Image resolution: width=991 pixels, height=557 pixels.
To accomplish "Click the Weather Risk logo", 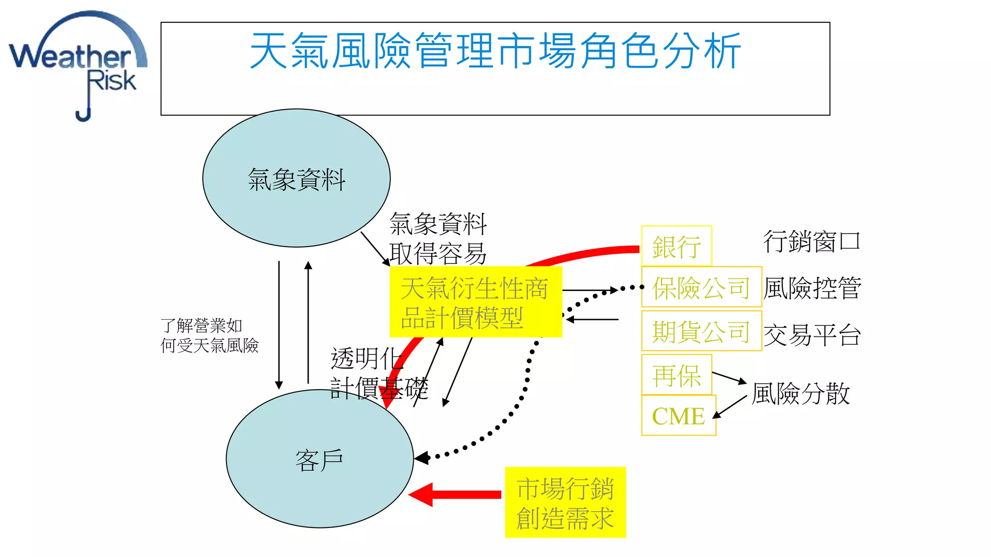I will [77, 65].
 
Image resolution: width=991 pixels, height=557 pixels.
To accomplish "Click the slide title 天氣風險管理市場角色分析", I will [495, 51].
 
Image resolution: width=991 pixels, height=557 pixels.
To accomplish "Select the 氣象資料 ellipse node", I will [296, 178].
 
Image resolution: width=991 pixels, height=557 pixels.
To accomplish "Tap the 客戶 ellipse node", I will [319, 459].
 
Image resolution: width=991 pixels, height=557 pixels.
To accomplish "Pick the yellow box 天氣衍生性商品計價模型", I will [475, 303].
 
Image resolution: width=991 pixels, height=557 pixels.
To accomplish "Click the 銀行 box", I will [676, 247].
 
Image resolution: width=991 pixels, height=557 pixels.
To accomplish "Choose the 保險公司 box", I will [701, 287].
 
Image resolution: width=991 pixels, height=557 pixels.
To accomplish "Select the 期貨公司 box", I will [701, 331].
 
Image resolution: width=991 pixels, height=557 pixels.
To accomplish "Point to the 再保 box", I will [676, 375].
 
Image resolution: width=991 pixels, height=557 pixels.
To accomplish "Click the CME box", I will [678, 416].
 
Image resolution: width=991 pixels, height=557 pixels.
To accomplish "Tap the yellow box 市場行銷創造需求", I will [565, 503].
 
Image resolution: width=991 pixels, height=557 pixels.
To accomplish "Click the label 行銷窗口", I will [811, 241].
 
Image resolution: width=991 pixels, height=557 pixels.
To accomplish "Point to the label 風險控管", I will [812, 288].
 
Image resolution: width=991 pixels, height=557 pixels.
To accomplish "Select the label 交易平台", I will [812, 335].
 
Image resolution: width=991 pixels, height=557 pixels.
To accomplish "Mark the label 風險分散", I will [800, 393].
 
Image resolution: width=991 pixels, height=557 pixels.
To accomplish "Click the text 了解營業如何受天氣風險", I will [209, 336].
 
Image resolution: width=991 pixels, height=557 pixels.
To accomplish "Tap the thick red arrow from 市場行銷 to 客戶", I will [455, 494].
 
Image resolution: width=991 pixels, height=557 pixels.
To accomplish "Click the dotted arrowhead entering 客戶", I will [422, 458].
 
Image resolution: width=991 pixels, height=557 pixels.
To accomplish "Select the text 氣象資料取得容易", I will [437, 238].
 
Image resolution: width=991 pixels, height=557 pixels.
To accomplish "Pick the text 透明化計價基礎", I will [378, 373].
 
